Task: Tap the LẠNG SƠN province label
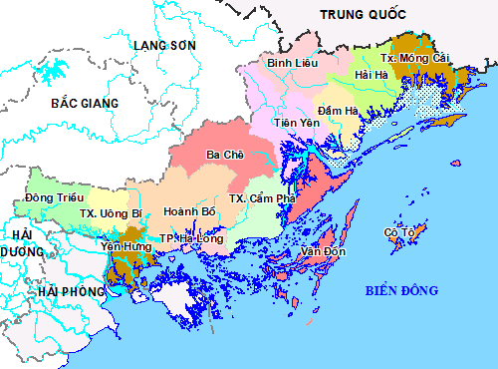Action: pyautogui.click(x=165, y=46)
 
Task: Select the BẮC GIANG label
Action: pyautogui.click(x=86, y=103)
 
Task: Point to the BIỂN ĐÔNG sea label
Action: pyautogui.click(x=399, y=290)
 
